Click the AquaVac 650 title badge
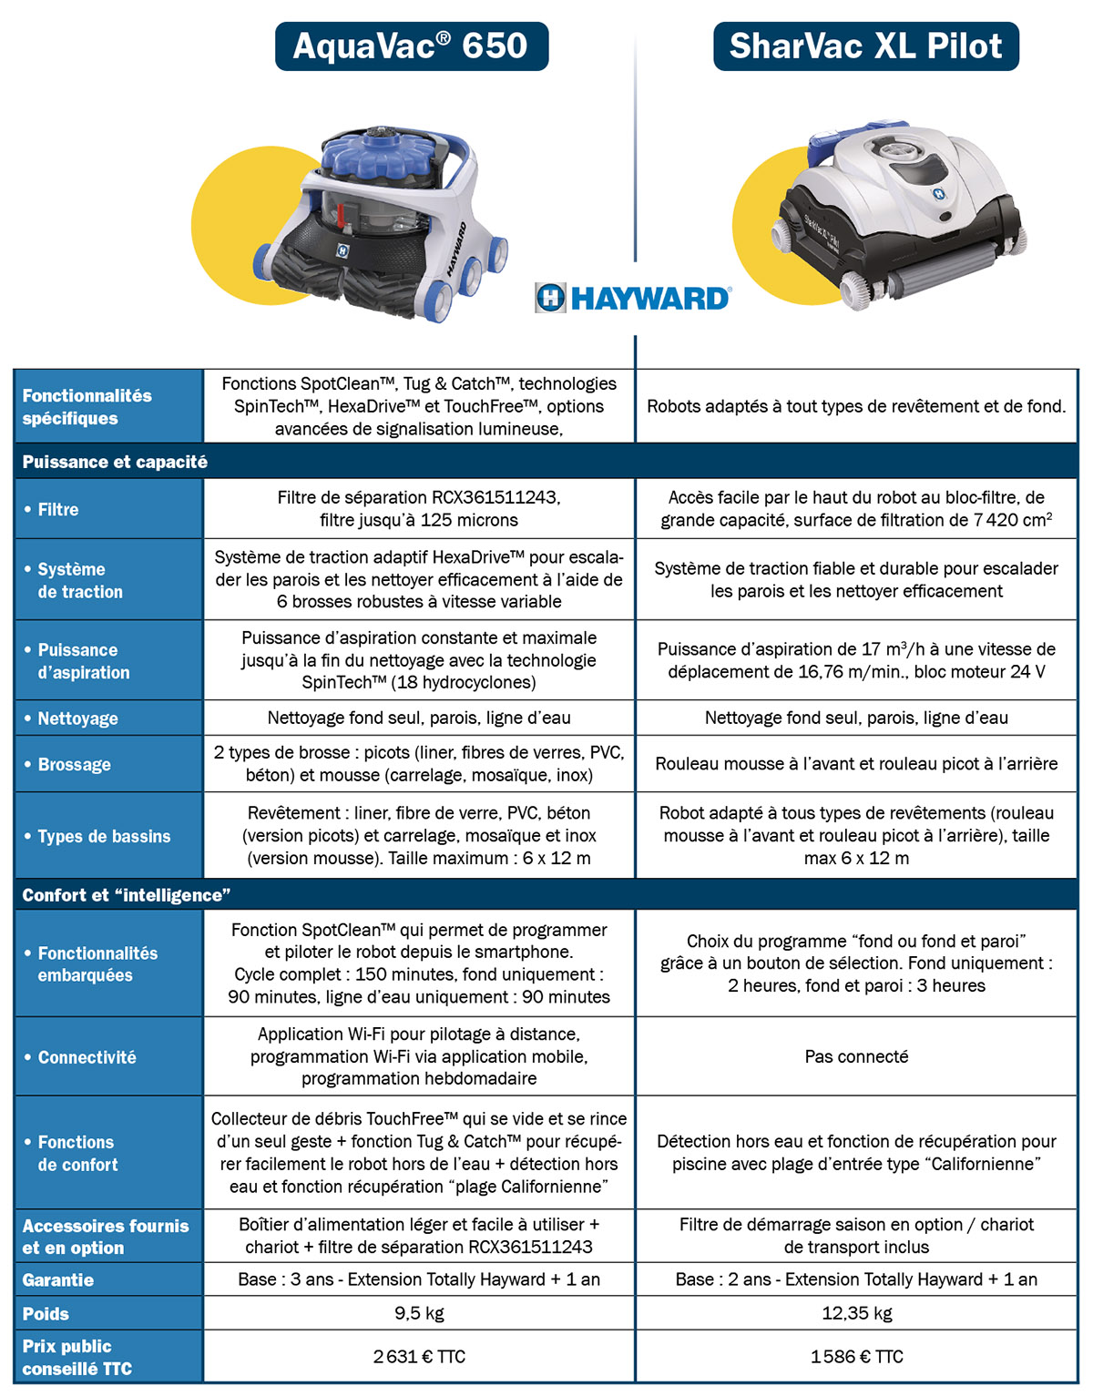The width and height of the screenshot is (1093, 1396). pyautogui.click(x=411, y=46)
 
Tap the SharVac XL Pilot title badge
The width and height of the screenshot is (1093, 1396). pyautogui.click(x=865, y=46)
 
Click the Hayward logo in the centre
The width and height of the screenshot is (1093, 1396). pyautogui.click(x=633, y=298)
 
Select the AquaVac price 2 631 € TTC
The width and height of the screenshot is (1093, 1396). pyautogui.click(x=419, y=1357)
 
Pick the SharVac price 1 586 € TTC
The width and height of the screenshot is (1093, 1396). pyautogui.click(x=856, y=1357)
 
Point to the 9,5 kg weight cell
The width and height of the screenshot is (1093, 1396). pyautogui.click(x=419, y=1313)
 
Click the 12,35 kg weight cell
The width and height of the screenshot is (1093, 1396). pyautogui.click(x=856, y=1313)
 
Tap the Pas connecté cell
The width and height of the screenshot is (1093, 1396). pyautogui.click(x=856, y=1056)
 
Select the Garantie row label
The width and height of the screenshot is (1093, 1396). pyautogui.click(x=58, y=1280)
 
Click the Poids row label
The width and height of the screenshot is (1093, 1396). pyautogui.click(x=46, y=1314)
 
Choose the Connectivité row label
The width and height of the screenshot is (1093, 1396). pyautogui.click(x=87, y=1057)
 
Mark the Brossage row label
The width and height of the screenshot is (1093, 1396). pyautogui.click(x=74, y=765)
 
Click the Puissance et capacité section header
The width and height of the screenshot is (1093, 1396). pyautogui.click(x=115, y=462)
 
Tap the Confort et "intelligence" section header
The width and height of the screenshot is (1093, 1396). pyautogui.click(x=126, y=895)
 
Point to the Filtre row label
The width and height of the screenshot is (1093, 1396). pyautogui.click(x=58, y=510)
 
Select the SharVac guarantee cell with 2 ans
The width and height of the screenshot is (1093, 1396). pyautogui.click(x=856, y=1279)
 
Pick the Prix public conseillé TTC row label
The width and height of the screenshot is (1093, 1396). pyautogui.click(x=77, y=1357)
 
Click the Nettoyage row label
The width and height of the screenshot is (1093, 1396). pyautogui.click(x=77, y=718)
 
